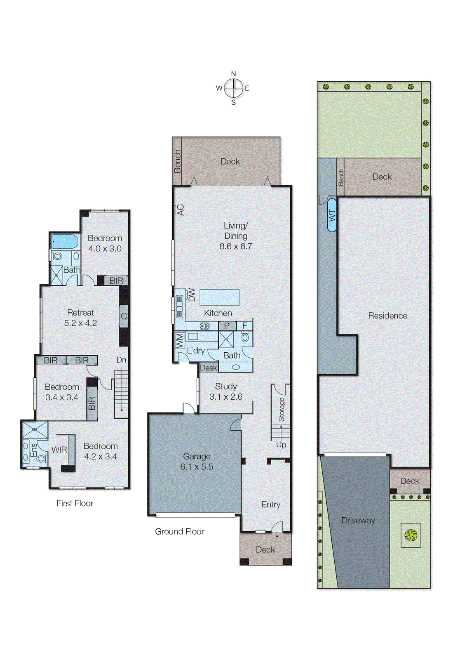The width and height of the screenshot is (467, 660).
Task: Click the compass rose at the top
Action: click(x=234, y=88)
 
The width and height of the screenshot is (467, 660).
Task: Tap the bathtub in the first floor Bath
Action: click(x=64, y=241)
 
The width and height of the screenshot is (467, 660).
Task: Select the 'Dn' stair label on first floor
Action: click(x=121, y=360)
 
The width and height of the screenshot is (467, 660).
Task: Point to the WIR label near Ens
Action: click(x=59, y=450)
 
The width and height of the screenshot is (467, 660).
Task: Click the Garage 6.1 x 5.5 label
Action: click(x=197, y=462)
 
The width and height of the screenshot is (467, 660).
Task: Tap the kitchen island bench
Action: click(x=219, y=297)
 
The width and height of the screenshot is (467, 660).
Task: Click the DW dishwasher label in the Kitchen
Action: click(x=192, y=295)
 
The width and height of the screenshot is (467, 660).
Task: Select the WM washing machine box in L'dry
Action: click(x=180, y=341)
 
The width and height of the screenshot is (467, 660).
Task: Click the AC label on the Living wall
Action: click(x=180, y=210)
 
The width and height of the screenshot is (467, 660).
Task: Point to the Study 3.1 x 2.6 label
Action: click(x=226, y=391)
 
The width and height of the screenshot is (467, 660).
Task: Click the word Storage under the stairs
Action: click(x=281, y=409)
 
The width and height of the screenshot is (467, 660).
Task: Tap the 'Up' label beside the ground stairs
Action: click(x=281, y=445)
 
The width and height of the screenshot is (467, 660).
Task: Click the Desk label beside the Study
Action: click(x=208, y=368)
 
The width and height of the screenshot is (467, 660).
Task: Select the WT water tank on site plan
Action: click(x=332, y=215)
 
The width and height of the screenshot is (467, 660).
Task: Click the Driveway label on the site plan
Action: click(x=358, y=521)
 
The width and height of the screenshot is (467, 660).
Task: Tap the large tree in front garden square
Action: click(x=411, y=535)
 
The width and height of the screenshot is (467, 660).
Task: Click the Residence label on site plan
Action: click(x=387, y=316)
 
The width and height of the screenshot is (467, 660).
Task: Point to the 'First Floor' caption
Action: click(x=75, y=503)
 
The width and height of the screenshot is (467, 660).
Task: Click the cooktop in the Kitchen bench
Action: click(x=204, y=326)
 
